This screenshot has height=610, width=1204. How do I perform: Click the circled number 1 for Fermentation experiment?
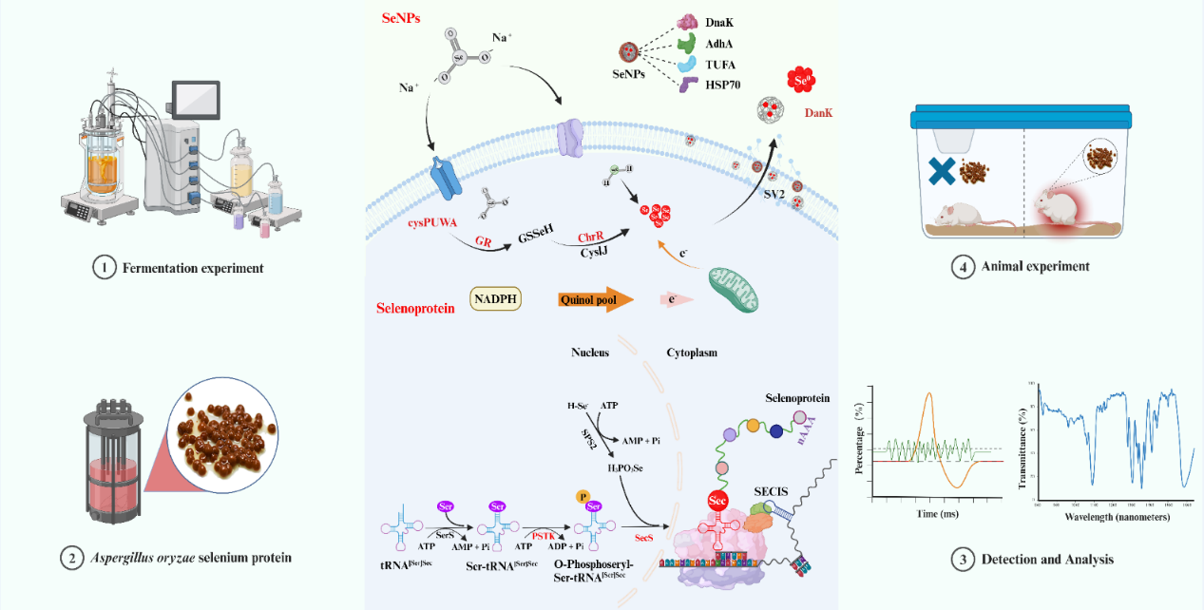(x=104, y=268)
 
